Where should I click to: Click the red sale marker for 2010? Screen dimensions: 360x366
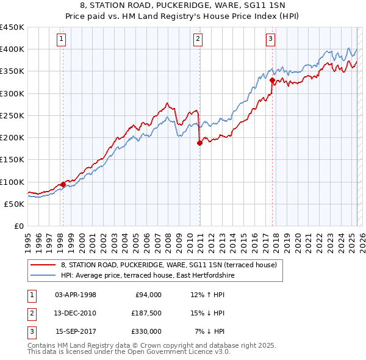(199, 143)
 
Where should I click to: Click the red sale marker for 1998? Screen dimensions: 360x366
(63, 184)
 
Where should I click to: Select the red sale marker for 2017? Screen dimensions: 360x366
(271, 80)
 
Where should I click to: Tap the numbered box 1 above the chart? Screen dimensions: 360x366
(62, 40)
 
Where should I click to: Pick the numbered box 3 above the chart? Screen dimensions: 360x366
(271, 40)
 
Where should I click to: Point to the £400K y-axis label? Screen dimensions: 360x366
(12, 49)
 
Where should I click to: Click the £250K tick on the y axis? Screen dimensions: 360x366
(12, 115)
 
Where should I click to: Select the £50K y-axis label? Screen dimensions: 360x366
(15, 204)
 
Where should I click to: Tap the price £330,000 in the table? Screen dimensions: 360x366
(147, 331)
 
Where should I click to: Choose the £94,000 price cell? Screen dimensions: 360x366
(148, 295)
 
